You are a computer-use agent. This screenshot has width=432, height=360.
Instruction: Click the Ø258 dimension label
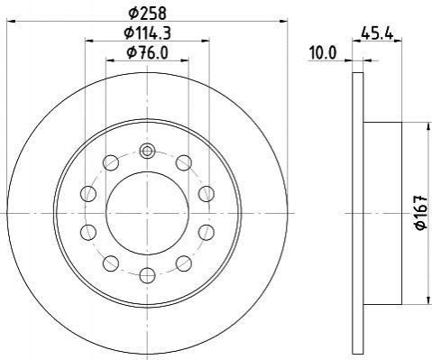click(147, 14)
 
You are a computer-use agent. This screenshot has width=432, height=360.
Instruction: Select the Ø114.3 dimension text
click(147, 33)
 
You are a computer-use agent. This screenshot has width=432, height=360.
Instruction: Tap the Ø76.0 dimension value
click(147, 52)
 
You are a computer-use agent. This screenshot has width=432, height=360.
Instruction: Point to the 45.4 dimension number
click(377, 33)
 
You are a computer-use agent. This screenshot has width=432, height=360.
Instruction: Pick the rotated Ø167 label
click(421, 213)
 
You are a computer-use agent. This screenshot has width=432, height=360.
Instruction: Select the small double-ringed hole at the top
click(147, 151)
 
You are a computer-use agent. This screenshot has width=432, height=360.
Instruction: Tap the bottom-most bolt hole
click(147, 275)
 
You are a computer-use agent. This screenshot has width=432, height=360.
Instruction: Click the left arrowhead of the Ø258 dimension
click(11, 22)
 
